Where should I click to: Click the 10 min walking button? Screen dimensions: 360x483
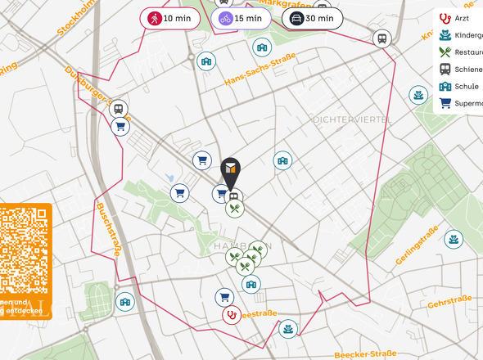pos(170,18)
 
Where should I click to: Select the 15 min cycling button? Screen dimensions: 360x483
pos(241,18)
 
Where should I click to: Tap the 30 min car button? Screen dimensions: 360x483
pos(312,18)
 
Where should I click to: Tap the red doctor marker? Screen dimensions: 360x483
pos(232,314)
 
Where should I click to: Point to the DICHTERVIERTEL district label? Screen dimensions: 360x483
pos(352,119)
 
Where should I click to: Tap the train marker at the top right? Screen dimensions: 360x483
pos(381,38)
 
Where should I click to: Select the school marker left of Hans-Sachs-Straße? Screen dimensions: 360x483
pos(208,61)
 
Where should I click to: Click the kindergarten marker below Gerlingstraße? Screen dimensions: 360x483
pos(452,240)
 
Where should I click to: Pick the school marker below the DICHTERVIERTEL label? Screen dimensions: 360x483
pos(283,161)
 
